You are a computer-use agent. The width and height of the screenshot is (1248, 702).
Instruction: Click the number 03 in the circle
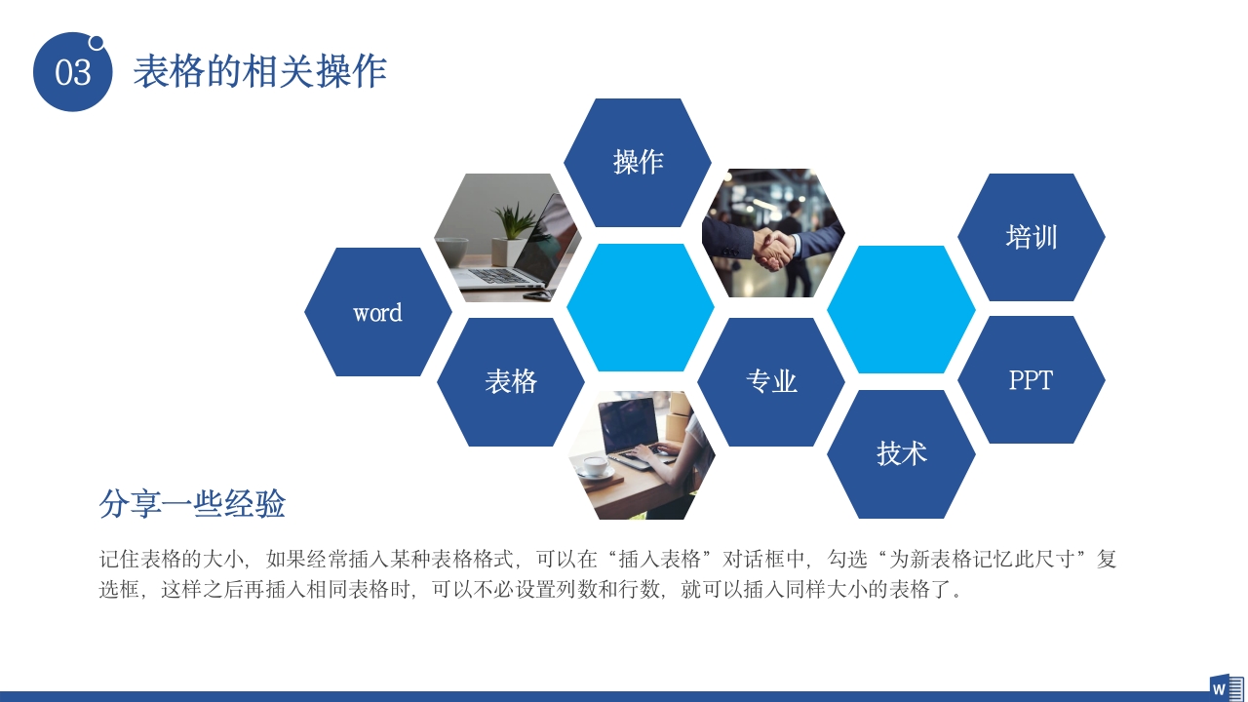coord(73,73)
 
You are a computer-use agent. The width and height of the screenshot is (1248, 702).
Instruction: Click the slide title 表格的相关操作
coord(259,71)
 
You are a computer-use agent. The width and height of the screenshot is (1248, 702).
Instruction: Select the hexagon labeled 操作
coord(638,162)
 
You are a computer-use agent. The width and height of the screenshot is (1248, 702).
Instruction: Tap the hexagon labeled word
coord(377,312)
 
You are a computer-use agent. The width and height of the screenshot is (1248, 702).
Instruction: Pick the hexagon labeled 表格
coord(511,381)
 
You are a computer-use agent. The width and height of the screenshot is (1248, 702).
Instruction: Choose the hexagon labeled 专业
coord(771,381)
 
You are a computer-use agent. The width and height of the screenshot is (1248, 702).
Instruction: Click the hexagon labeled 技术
coord(901,453)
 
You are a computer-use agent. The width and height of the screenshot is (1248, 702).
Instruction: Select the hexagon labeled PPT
coord(1031,380)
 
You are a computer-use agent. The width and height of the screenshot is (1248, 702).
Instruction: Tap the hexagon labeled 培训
coord(1031,237)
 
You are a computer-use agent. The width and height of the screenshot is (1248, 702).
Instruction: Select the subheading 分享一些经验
coord(192,504)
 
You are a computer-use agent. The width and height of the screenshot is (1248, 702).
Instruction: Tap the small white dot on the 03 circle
coord(97,42)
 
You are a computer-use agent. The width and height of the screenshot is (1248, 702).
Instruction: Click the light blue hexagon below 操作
coord(641,307)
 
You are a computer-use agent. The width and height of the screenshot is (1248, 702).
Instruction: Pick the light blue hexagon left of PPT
coord(901,310)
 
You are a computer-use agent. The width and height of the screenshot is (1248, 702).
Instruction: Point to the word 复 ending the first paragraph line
coord(1107,560)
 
